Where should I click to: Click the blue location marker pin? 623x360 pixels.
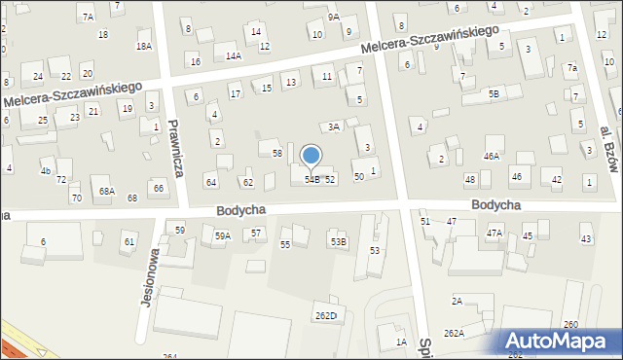(311, 156)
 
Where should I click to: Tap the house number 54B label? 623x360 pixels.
(312, 180)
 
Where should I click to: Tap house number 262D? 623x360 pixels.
(325, 315)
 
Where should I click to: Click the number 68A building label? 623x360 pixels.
(106, 192)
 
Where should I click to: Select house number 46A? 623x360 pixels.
(492, 156)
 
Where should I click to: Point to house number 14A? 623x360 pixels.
(234, 56)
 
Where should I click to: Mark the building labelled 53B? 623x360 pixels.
(337, 241)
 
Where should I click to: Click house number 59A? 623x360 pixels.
(223, 236)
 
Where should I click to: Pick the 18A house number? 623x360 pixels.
(144, 46)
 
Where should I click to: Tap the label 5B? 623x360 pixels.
(494, 93)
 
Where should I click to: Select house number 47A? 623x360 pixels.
(495, 233)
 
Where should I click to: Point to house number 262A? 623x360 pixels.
(454, 333)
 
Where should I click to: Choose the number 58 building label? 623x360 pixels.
(277, 153)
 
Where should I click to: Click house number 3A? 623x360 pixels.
(333, 126)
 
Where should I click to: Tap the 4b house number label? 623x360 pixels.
(45, 171)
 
